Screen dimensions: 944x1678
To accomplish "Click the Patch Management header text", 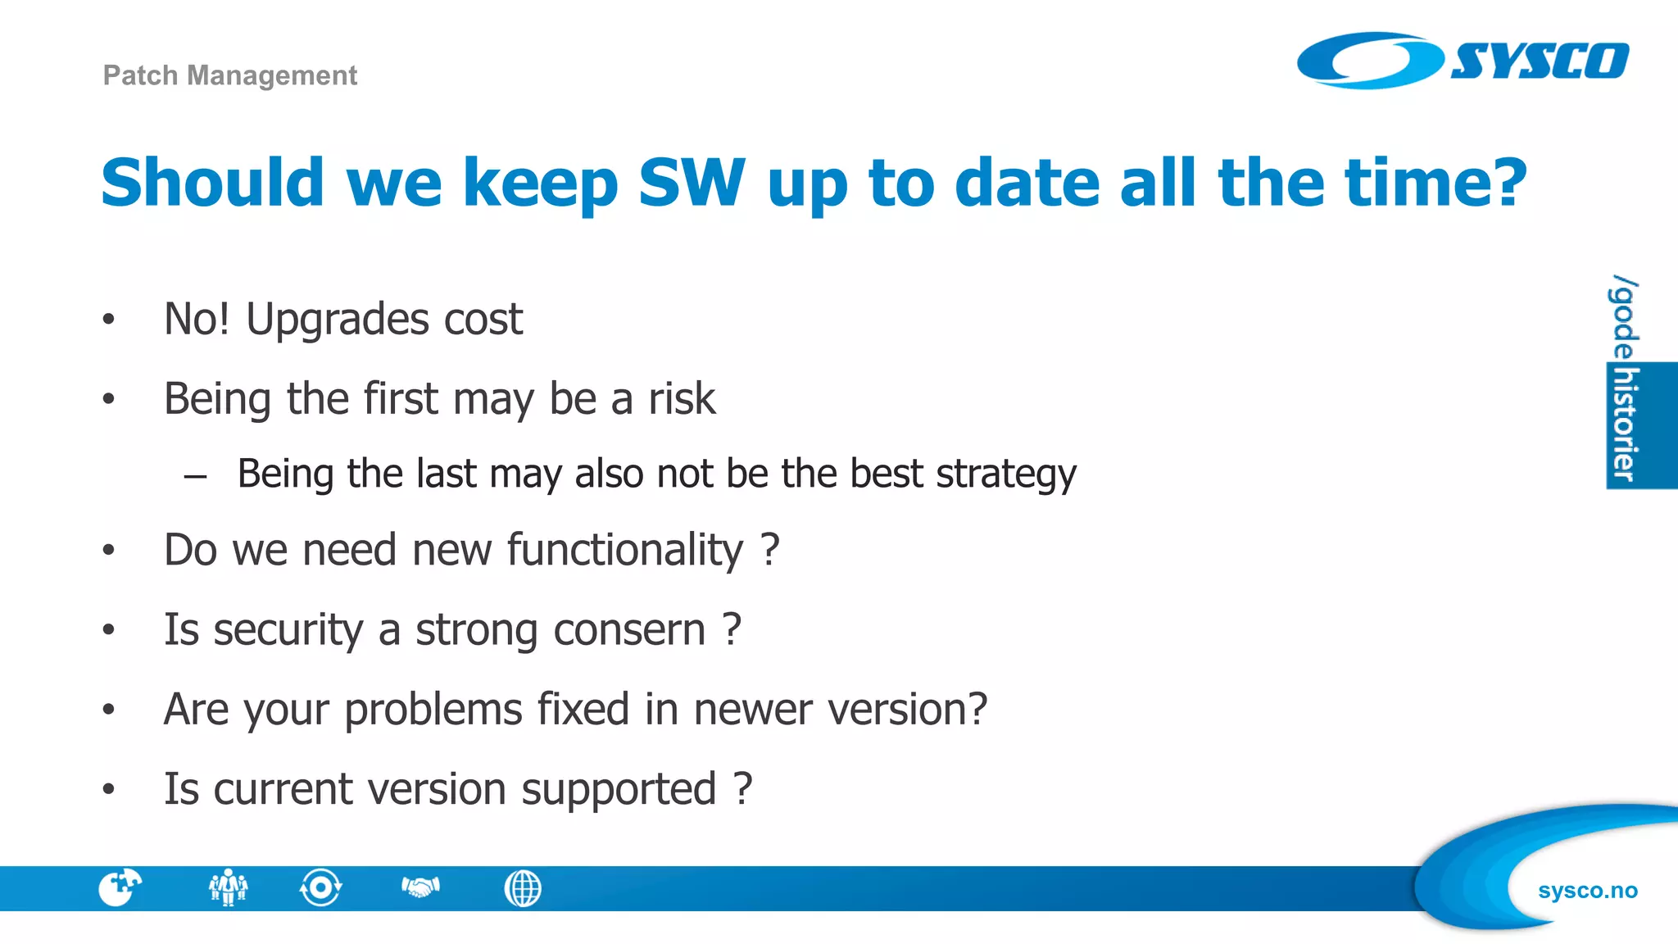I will [229, 75].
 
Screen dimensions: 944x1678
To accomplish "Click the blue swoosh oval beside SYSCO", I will [1368, 61].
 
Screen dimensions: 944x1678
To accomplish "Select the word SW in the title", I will [692, 183].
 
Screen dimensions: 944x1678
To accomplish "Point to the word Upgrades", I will [337, 320].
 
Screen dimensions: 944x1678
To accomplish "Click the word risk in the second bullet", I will [682, 399].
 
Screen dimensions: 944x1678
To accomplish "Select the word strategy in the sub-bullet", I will [1005, 474].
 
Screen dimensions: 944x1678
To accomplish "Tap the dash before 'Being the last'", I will [195, 475].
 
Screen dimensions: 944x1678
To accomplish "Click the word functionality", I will [625, 550].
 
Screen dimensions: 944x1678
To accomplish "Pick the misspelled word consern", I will [629, 630].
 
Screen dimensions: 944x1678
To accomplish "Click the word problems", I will [433, 710].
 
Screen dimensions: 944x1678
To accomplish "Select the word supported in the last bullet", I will [619, 790].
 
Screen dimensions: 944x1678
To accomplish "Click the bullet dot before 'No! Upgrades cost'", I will [108, 320].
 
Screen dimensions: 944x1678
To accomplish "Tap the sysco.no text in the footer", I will [1587, 890].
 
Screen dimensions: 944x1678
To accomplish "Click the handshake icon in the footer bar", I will [420, 887].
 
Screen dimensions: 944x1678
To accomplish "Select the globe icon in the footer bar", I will [523, 888].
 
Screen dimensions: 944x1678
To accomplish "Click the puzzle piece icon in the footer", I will [120, 887].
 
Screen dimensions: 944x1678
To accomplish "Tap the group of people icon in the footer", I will [228, 887].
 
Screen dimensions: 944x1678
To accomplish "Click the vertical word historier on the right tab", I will [1624, 424].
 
